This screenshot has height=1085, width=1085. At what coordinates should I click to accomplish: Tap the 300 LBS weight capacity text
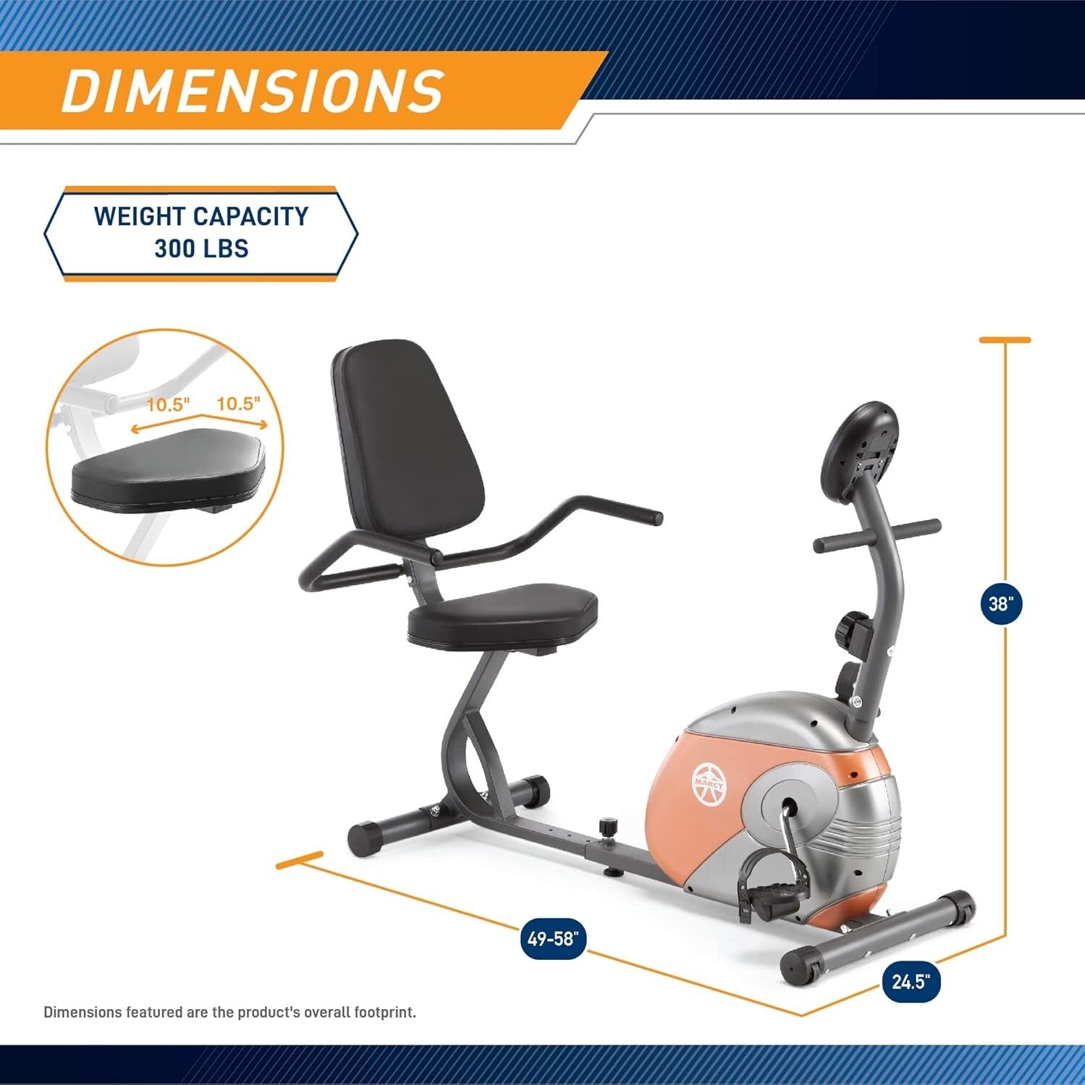201,249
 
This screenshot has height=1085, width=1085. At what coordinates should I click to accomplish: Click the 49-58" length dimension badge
553,939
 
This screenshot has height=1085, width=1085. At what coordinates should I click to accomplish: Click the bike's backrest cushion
410,441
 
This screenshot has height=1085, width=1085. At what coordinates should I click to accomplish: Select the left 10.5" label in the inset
168,404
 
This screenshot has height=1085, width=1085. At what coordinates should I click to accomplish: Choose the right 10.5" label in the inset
238,404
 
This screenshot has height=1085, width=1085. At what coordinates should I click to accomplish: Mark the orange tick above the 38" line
1005,339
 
